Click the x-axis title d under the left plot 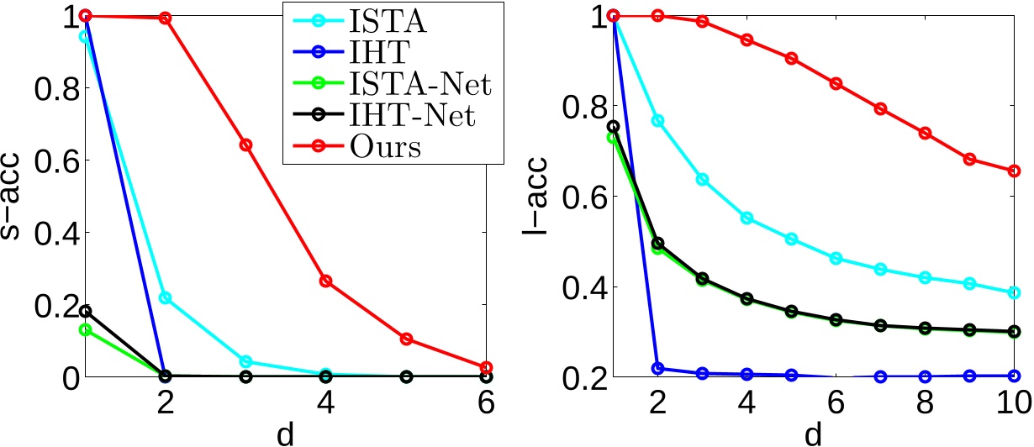286,434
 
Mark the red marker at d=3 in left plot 245,145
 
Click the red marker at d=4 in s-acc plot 326,281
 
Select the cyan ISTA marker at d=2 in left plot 165,297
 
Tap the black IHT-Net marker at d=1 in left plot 84,312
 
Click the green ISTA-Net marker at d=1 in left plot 84,329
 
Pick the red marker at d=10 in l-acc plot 1014,171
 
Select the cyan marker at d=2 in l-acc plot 658,120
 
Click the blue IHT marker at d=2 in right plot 658,368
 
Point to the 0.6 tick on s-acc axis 47,160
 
